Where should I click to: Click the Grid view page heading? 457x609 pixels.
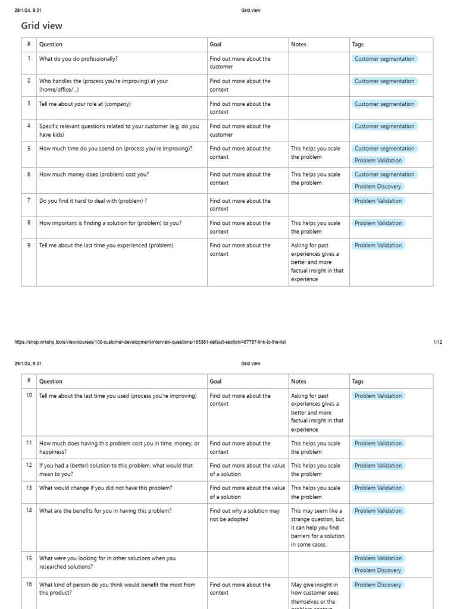(x=42, y=26)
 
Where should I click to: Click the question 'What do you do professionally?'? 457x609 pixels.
(x=79, y=59)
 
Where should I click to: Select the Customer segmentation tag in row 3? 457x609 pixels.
(x=384, y=104)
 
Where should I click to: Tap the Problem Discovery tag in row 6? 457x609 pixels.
(x=378, y=187)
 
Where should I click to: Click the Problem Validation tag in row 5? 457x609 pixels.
(x=378, y=161)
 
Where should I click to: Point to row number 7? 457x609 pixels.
(x=29, y=200)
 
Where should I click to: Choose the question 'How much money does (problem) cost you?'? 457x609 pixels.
(x=94, y=174)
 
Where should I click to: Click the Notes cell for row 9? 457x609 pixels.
(x=318, y=262)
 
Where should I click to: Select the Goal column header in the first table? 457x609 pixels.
(x=215, y=45)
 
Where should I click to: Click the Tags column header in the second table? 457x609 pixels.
(x=358, y=382)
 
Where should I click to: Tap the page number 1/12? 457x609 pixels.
(x=437, y=342)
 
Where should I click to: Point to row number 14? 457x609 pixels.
(x=29, y=510)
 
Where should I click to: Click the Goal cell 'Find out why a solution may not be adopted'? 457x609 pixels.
(x=245, y=514)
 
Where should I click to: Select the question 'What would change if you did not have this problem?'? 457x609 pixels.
(x=106, y=488)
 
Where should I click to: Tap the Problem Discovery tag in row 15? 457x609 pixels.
(x=378, y=570)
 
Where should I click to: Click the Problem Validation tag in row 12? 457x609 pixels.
(x=378, y=466)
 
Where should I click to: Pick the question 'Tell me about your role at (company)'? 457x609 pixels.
(x=84, y=104)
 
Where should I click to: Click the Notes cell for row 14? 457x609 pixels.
(x=318, y=527)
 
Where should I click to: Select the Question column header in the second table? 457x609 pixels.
(x=51, y=382)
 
